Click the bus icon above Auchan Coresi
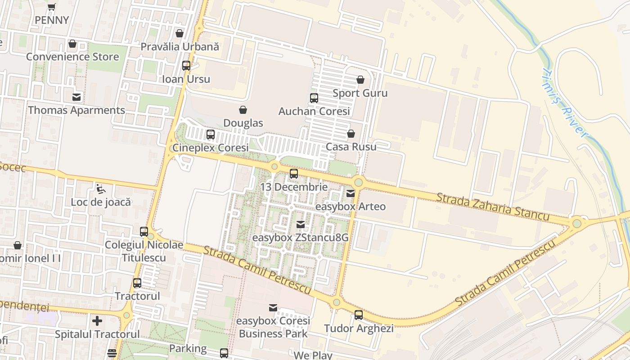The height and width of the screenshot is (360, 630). tap(314, 98)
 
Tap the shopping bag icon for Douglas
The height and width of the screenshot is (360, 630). tap(243, 110)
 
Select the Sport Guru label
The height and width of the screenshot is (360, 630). tap(360, 93)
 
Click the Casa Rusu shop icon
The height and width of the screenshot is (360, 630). tap(351, 134)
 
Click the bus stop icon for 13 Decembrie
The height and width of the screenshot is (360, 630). tap(294, 173)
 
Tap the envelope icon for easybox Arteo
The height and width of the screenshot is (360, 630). tap(351, 193)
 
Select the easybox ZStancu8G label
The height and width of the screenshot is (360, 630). tap(300, 237)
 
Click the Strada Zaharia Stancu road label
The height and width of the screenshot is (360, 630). tap(492, 207)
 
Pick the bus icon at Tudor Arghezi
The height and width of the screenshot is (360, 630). tap(359, 315)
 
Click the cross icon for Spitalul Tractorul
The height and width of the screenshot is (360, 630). tap(97, 321)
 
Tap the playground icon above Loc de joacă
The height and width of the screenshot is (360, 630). tap(101, 189)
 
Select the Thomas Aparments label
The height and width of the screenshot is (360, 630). tap(76, 110)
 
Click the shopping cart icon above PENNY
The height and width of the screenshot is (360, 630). tap(52, 7)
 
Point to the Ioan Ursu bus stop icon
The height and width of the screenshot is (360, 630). tap(186, 66)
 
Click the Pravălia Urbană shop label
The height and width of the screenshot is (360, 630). tap(180, 47)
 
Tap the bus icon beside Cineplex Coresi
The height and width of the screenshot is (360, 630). tap(211, 134)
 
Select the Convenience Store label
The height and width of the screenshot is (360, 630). tap(72, 57)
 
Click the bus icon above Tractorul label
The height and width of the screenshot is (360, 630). tap(137, 283)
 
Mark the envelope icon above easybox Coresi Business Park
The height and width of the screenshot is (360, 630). tap(273, 308)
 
